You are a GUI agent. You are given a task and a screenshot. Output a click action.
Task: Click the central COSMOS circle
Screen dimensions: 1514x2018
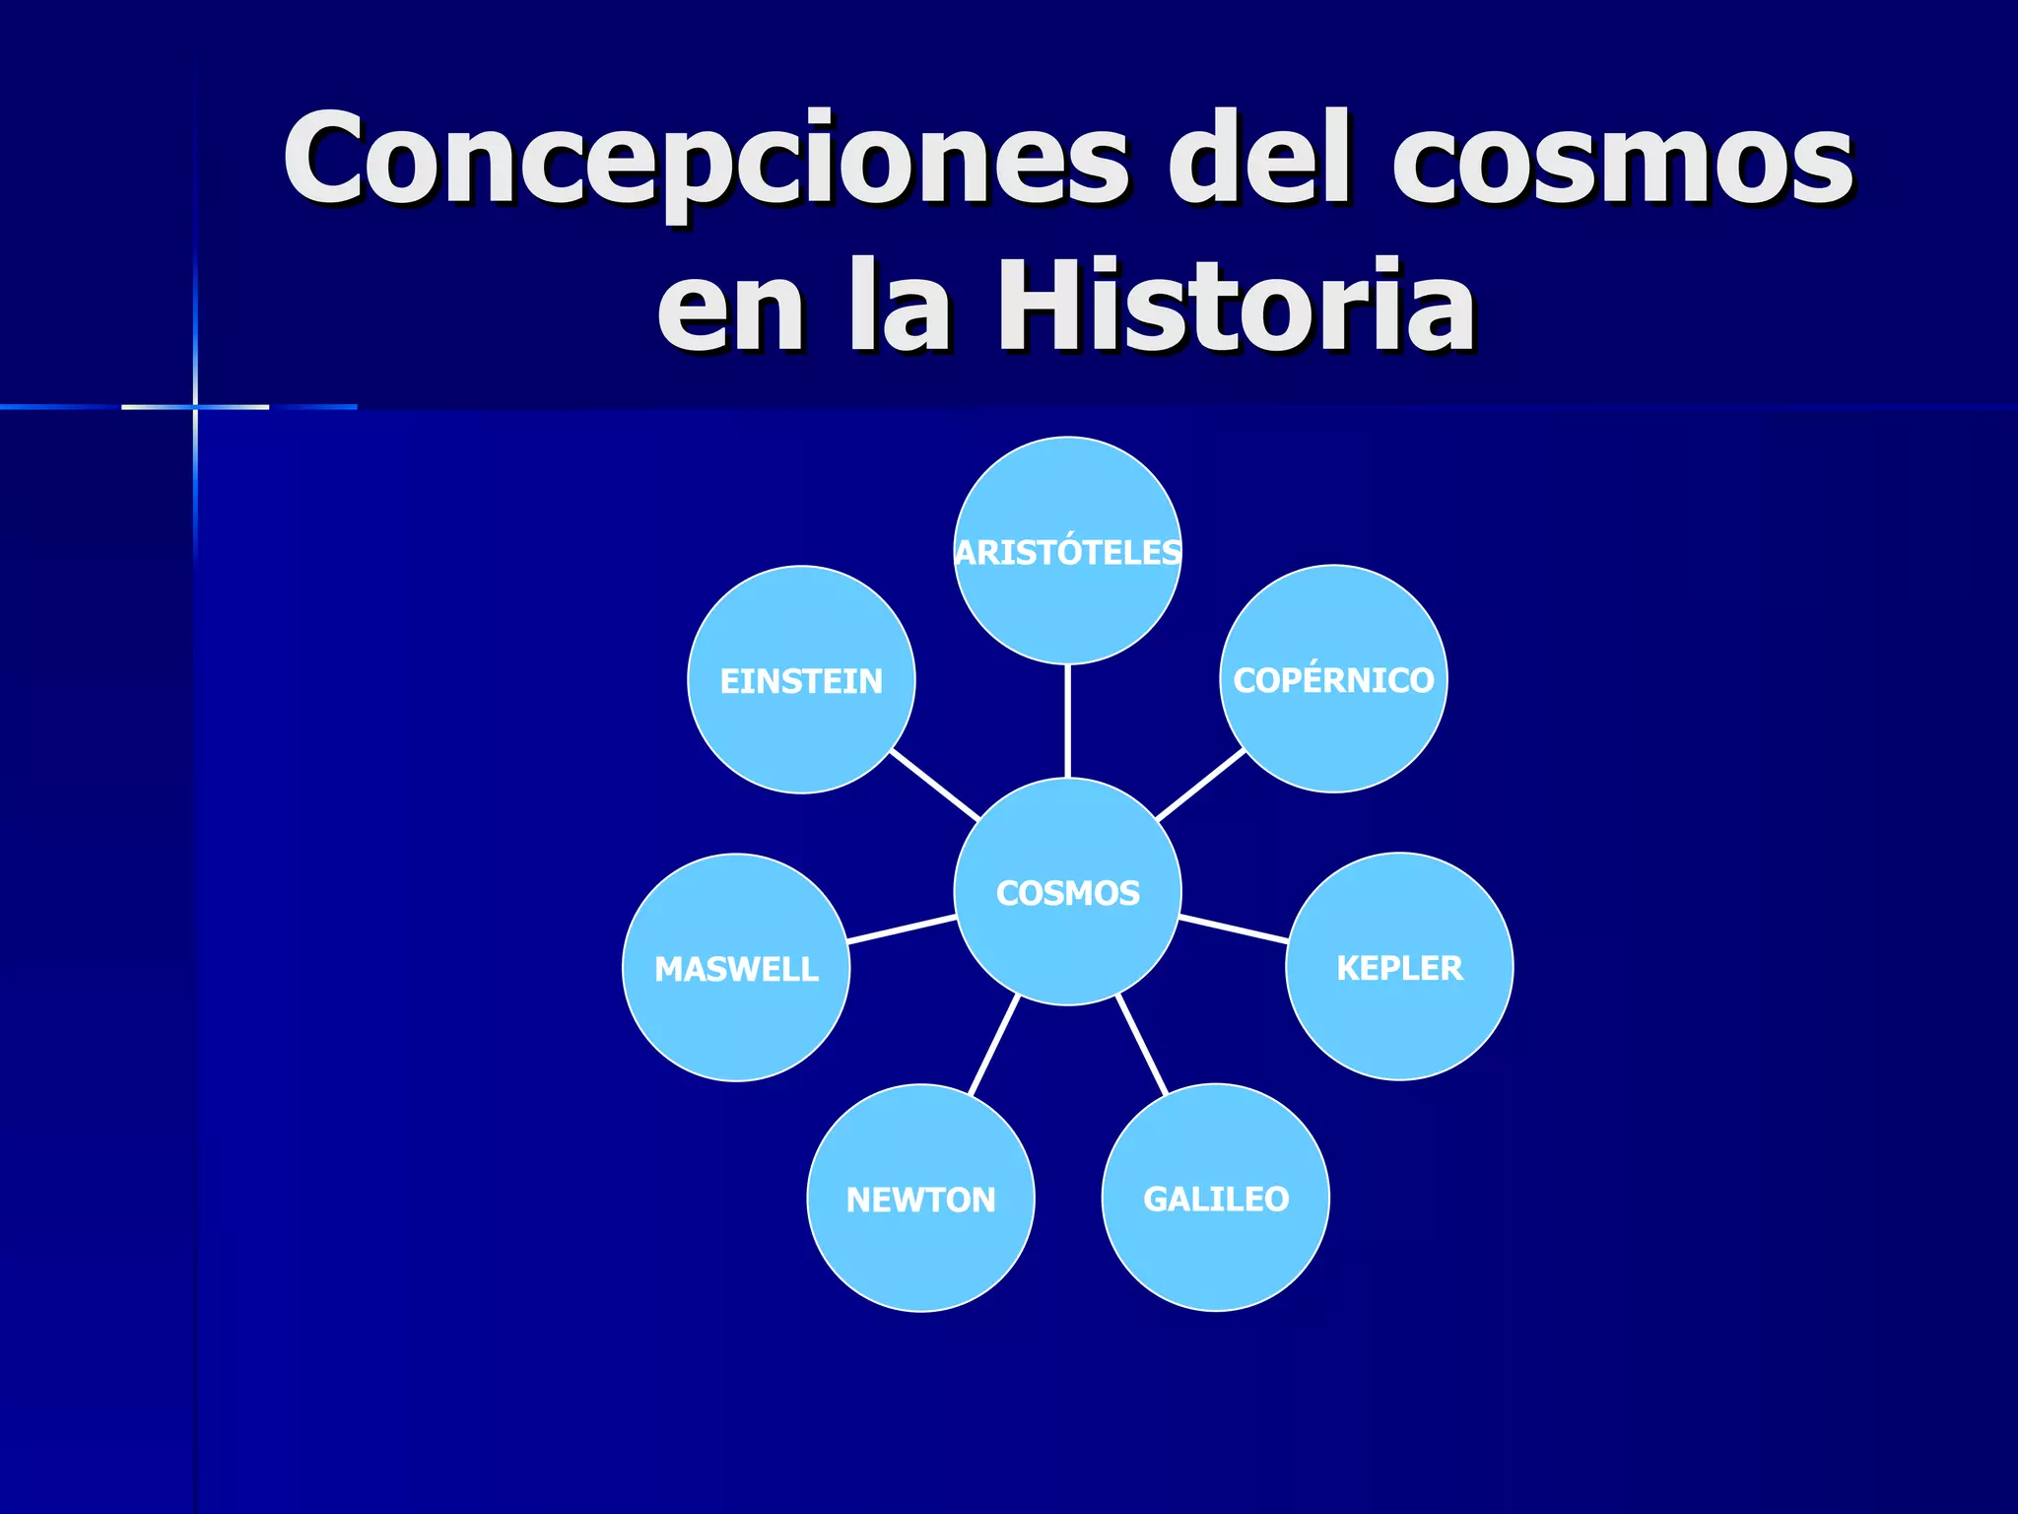point(1067,892)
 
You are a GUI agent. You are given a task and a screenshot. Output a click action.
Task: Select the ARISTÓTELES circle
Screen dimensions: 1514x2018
point(1067,551)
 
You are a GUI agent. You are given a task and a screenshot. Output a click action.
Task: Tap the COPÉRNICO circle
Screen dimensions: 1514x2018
point(1333,679)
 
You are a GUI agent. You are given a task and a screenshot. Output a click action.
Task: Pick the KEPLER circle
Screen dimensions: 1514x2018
point(1399,967)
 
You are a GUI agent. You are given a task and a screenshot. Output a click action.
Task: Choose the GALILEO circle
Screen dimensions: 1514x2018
point(1215,1198)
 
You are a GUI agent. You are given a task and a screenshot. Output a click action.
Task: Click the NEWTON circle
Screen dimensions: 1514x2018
point(920,1199)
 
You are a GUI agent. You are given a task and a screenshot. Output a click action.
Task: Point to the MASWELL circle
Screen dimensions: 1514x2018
point(736,968)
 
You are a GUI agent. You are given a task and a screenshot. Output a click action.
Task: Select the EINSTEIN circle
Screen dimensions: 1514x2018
point(801,680)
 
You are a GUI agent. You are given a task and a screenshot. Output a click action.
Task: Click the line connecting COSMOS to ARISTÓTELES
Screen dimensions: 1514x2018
point(1067,721)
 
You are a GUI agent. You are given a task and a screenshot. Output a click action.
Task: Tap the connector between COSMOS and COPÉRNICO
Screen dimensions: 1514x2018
point(1201,785)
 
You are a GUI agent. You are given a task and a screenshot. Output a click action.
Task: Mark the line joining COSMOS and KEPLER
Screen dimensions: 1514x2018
point(1234,929)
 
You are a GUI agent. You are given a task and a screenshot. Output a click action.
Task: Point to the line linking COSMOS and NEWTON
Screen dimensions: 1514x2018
point(993,1045)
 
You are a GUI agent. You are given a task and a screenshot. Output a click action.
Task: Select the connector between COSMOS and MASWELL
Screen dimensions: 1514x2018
point(902,929)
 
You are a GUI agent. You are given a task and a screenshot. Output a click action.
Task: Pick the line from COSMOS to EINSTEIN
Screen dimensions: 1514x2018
point(934,785)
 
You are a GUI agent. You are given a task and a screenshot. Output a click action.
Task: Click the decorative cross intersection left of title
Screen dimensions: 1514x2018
point(195,406)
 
